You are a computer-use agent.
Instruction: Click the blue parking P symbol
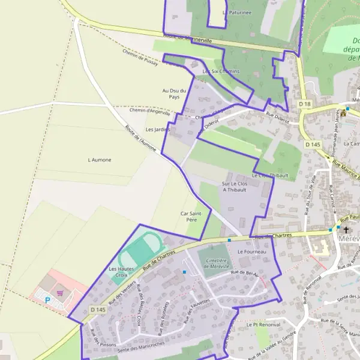coord(48,299)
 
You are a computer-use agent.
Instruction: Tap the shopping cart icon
coord(60,293)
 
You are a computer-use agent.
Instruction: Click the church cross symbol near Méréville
coord(346,229)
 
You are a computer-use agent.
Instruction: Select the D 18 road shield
coord(305,104)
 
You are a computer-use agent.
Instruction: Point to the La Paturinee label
coord(236,12)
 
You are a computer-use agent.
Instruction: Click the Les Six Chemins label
coord(221,71)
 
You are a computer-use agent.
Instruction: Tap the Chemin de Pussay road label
coord(139,58)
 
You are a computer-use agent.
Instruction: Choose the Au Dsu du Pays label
coord(175,93)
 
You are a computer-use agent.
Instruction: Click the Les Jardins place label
coord(158,129)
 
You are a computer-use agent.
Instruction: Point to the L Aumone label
coord(100,160)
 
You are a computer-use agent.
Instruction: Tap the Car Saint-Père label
coord(195,217)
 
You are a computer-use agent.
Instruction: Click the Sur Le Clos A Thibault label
coord(235,186)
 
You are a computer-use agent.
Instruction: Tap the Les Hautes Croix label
coord(121,272)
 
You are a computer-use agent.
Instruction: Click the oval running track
coord(142,251)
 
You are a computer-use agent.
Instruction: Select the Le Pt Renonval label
coord(263,324)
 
